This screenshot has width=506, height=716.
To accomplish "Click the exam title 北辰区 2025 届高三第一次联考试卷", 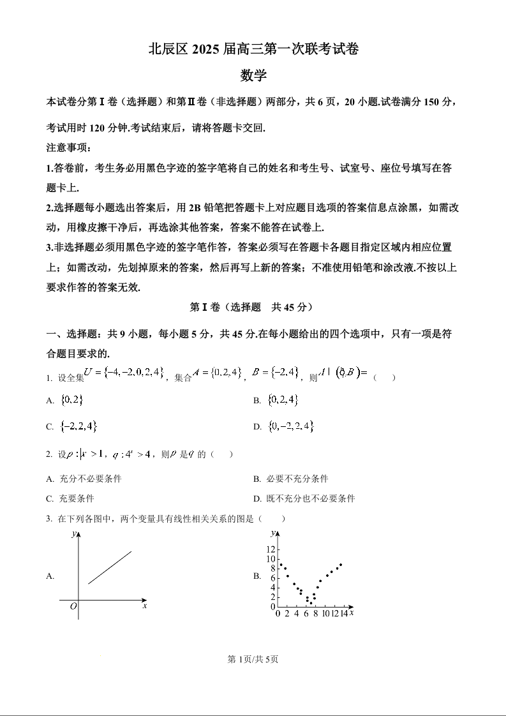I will click(253, 49).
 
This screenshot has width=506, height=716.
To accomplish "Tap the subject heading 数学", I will click(253, 75).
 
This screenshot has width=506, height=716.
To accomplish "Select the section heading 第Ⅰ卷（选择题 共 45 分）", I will click(253, 307).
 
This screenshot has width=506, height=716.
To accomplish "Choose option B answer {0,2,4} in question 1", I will click(283, 400).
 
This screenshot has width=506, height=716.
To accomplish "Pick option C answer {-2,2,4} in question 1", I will click(78, 426).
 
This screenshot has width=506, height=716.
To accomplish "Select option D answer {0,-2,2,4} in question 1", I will click(291, 426).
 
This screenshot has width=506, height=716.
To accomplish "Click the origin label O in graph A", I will click(73, 606).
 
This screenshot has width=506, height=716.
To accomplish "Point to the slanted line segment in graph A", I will click(110, 567).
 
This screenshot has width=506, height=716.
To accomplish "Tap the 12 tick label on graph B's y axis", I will click(271, 549).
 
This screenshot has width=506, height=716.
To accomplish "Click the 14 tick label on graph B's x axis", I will click(343, 613).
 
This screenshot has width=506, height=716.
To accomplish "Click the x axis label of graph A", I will click(145, 606).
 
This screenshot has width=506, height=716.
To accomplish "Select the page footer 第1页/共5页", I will click(253, 659).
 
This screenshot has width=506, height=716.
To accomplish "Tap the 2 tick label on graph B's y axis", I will click(272, 597).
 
